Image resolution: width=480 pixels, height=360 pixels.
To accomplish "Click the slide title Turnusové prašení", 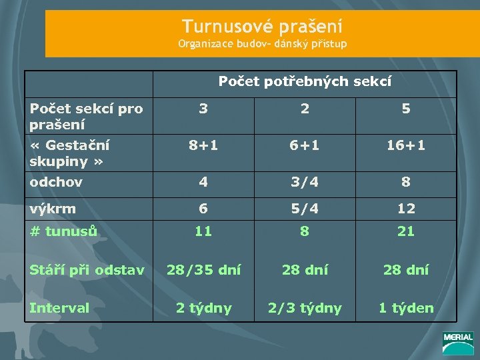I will [x=262, y=27].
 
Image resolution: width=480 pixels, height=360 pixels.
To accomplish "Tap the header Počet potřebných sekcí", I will [x=305, y=82].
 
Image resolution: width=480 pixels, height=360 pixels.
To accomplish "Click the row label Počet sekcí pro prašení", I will [x=86, y=116].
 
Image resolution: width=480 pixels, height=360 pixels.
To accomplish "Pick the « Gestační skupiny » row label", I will [x=69, y=153].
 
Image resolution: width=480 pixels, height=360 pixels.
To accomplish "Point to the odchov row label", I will [x=56, y=182].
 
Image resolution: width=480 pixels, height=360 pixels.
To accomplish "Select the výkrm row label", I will [x=53, y=208].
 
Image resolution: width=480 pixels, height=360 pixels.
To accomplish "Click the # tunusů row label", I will [x=64, y=231].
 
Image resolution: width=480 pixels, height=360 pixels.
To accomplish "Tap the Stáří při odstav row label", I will [x=87, y=270].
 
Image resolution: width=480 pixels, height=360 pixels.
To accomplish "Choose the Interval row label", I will [x=59, y=308].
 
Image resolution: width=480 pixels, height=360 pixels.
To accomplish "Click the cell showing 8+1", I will [x=203, y=145].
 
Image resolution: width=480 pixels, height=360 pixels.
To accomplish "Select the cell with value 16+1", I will [x=406, y=145].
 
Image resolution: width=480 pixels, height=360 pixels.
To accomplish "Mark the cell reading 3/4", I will [x=305, y=182].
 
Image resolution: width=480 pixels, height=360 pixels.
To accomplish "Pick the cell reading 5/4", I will [x=305, y=208].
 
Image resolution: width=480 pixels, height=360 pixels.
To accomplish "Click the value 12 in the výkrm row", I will [x=406, y=208].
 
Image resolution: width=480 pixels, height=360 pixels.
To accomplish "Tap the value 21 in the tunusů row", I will [x=406, y=231].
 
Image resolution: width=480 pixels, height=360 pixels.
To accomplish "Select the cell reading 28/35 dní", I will [x=203, y=270].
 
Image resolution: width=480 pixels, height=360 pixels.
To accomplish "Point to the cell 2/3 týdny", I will [x=305, y=308].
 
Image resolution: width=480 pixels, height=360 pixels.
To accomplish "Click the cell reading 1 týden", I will [x=406, y=308].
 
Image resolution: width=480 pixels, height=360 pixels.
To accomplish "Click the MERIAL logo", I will [x=457, y=342].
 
